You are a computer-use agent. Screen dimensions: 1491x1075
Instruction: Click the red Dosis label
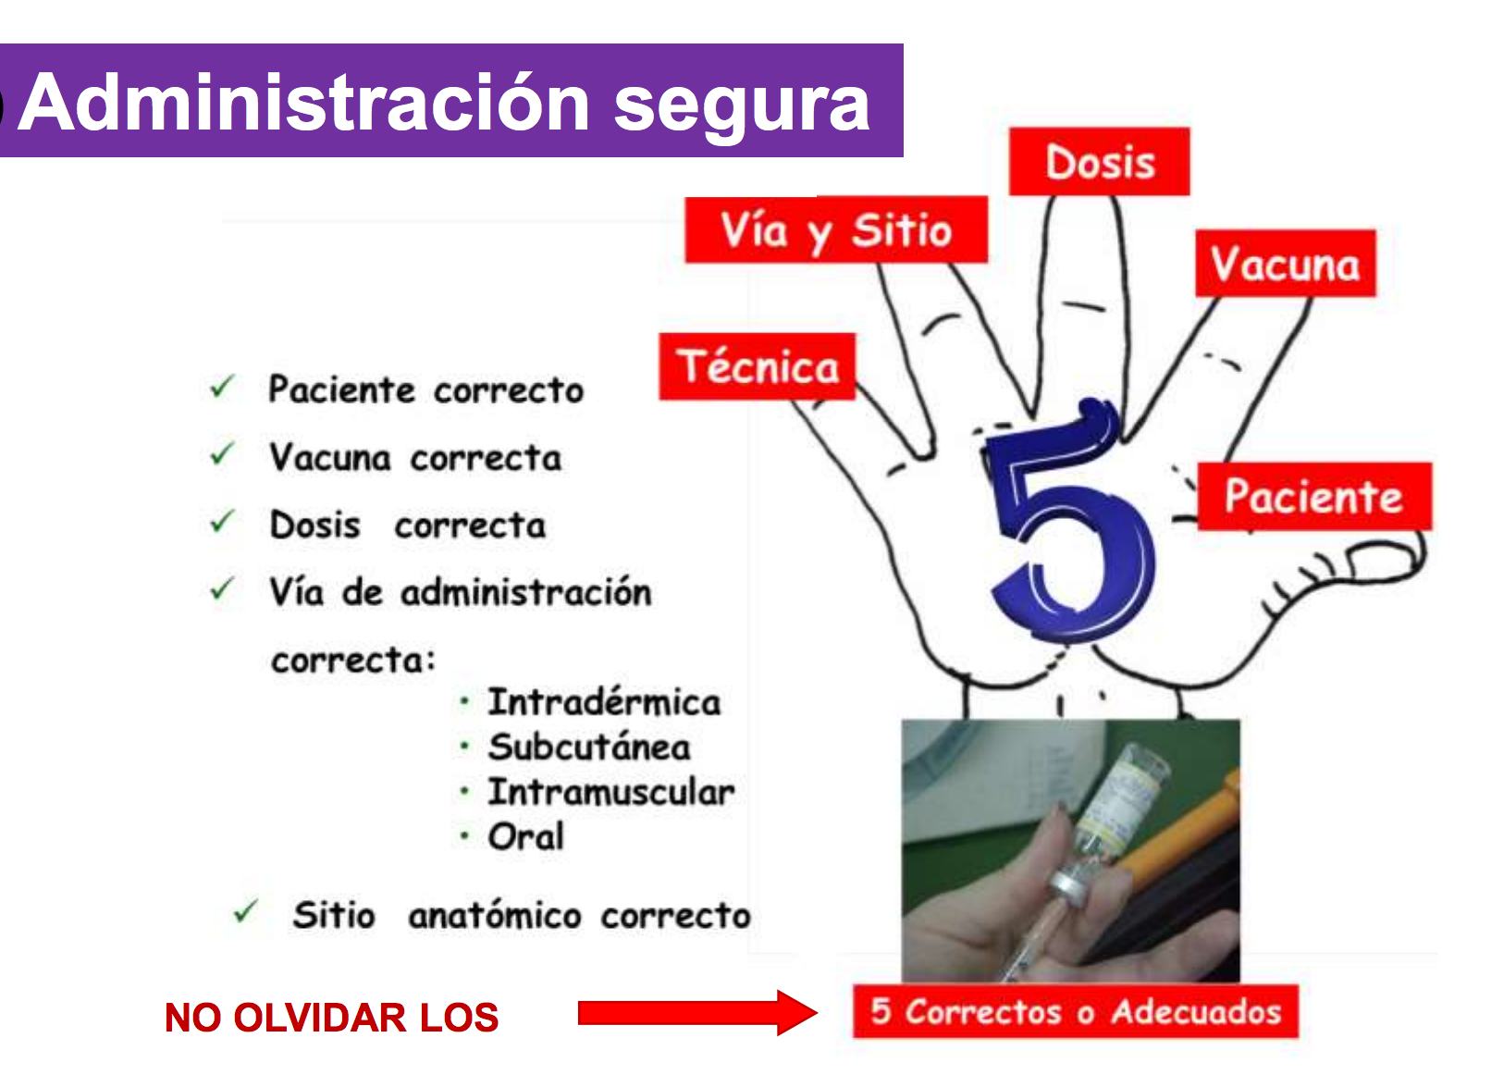1099,161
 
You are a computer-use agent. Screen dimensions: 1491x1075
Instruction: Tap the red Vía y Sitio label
836,229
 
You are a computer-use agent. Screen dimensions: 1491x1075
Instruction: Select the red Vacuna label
1286,263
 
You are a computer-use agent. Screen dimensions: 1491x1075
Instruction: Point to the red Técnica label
758,366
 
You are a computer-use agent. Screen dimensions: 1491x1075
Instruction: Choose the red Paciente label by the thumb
1314,496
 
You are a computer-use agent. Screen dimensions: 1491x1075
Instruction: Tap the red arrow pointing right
697,1012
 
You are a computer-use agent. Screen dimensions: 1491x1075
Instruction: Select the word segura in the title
741,106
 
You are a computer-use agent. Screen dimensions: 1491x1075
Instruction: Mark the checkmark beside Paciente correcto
222,386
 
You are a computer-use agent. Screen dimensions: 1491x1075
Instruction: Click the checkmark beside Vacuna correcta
222,453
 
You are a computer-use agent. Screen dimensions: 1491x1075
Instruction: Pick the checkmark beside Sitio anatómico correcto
246,911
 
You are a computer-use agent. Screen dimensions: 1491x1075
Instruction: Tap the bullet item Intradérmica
604,701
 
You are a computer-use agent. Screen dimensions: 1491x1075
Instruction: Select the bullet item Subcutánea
589,747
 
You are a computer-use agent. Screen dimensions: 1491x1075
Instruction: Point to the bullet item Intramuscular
611,791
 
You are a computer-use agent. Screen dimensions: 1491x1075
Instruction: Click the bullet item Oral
526,836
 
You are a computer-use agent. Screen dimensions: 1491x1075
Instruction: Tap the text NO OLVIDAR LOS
331,1017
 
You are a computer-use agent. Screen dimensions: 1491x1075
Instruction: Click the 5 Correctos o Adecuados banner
1076,1011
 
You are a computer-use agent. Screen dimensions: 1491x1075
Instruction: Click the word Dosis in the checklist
314,525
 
